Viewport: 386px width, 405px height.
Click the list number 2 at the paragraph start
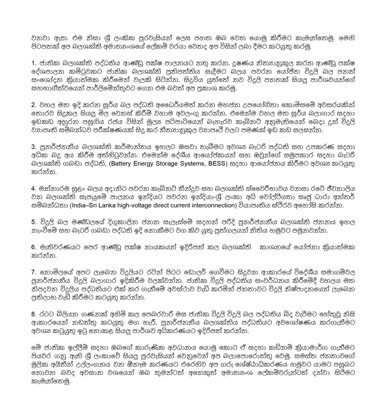point(33,105)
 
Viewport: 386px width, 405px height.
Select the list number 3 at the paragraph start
point(33,147)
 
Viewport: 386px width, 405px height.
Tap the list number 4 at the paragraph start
point(33,188)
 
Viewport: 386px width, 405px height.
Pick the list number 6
point(33,247)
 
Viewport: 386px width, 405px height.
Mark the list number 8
point(33,314)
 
